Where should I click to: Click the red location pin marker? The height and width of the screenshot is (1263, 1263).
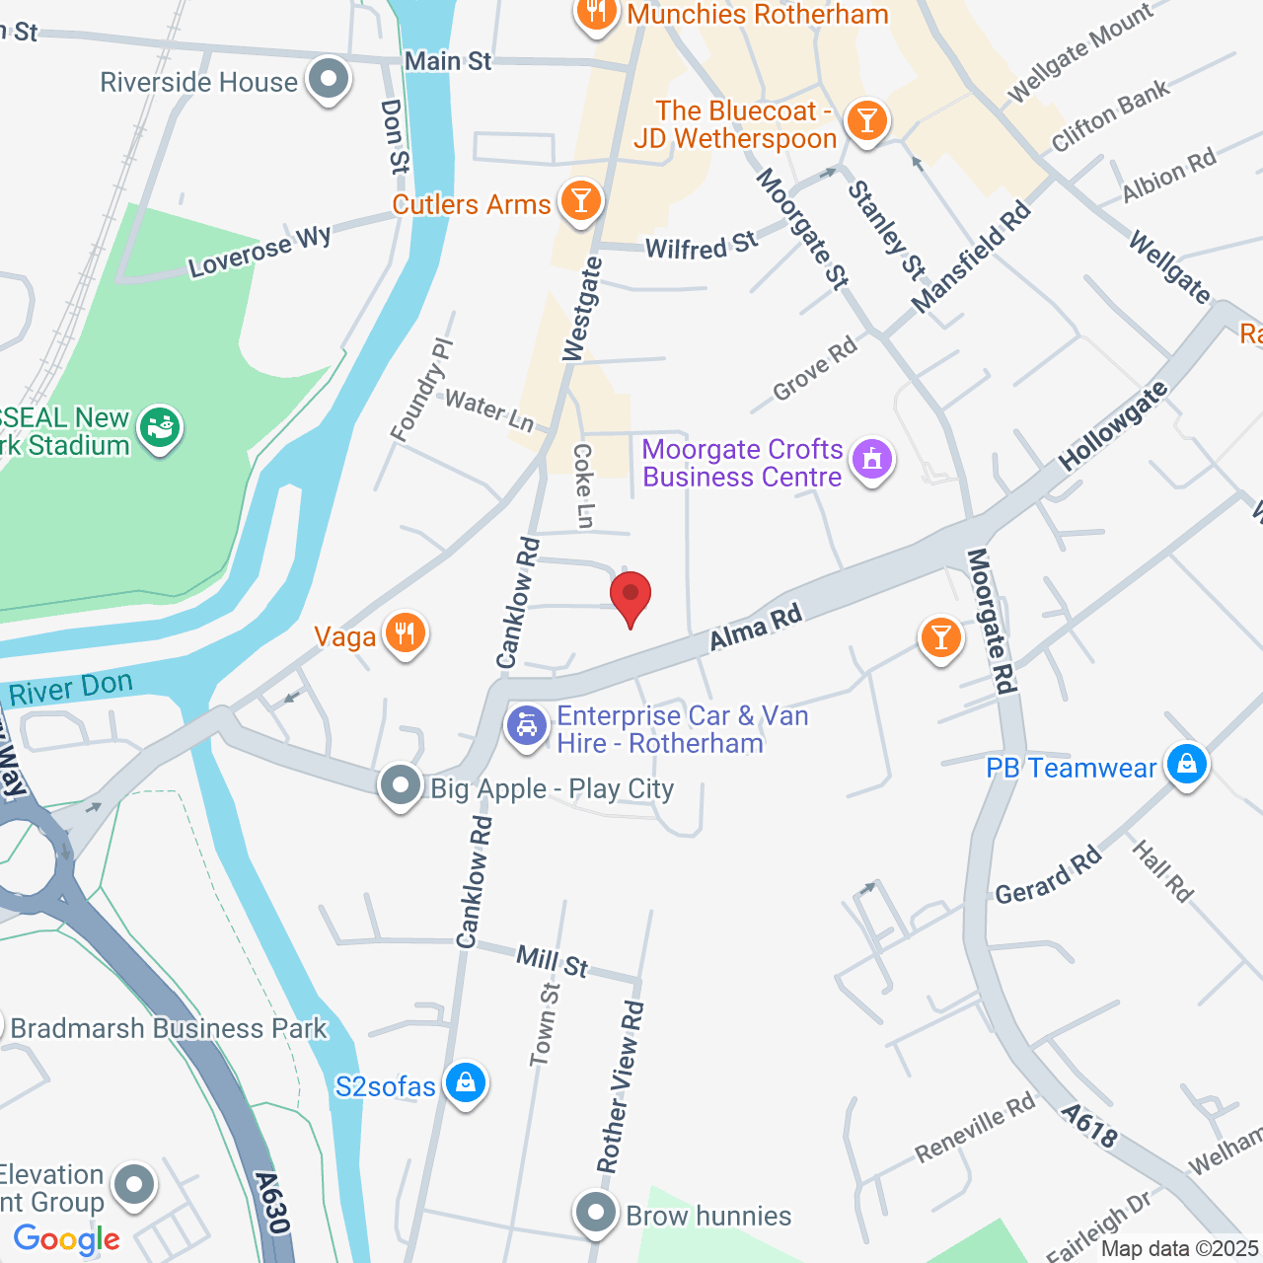coord(631,596)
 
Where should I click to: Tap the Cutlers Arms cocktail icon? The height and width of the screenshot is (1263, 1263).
coord(580,201)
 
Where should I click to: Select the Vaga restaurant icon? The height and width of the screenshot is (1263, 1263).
coord(406,632)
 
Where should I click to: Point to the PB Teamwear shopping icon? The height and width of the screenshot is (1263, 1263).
coord(1187,764)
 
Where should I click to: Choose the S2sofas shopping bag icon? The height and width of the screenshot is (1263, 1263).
coord(465,1082)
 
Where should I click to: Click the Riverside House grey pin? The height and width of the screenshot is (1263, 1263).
coord(329,79)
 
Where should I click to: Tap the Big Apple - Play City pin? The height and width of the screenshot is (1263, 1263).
coord(401,786)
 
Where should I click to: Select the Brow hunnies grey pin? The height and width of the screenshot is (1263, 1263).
coord(596,1213)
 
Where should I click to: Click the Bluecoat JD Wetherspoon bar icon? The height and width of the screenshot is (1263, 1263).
coord(866,120)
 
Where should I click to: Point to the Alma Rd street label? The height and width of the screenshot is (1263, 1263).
coord(756,629)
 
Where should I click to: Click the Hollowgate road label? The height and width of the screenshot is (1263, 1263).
coord(1114,425)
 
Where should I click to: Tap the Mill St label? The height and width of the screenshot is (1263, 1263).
coord(553,961)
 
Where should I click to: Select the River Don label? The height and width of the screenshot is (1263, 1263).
coord(71,688)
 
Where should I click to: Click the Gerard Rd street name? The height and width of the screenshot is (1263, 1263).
coord(1048,875)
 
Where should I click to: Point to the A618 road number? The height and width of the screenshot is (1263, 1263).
coord(1090,1126)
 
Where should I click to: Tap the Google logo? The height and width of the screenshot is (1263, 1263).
coord(66,1239)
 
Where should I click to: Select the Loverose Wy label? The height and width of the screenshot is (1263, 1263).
coord(260,253)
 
